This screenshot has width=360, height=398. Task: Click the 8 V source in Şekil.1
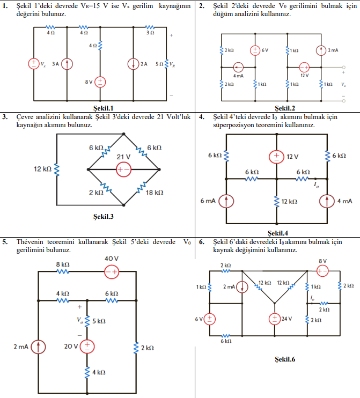tap(101, 82)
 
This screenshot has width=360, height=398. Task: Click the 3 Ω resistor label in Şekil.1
tap(151, 33)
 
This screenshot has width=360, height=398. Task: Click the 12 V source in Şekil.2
tap(304, 68)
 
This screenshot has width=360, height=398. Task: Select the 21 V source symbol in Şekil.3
tap(123, 169)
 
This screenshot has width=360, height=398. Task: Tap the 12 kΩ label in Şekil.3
tap(42, 169)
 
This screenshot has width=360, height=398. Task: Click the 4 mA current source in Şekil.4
tap(327, 201)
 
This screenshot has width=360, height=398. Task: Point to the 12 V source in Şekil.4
tap(276, 156)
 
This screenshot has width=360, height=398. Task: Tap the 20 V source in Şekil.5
tap(87, 347)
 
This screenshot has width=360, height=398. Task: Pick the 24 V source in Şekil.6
tap(275, 318)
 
